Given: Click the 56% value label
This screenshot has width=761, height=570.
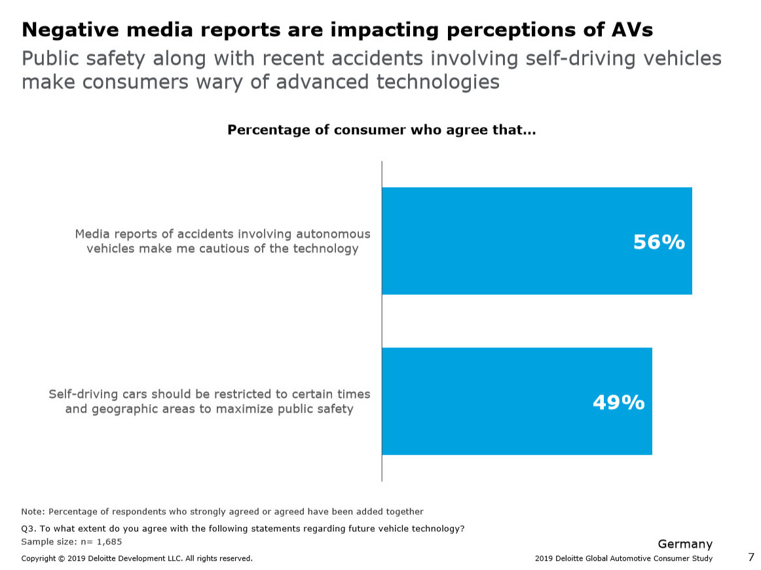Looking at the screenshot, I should (658, 242).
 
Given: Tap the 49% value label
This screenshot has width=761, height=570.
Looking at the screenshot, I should (618, 402).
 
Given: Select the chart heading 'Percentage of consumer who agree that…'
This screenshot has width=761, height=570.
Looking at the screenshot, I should (381, 130).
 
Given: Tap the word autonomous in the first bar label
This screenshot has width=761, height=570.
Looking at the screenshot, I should (333, 234).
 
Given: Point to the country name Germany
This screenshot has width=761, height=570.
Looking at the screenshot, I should (684, 544).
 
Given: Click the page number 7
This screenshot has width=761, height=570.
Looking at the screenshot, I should (751, 557).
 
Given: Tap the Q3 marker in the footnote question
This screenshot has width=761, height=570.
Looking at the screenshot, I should (28, 529).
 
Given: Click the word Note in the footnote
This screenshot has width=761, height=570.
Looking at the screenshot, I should (32, 512).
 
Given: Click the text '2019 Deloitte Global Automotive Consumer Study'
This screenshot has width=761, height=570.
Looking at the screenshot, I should (623, 558).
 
